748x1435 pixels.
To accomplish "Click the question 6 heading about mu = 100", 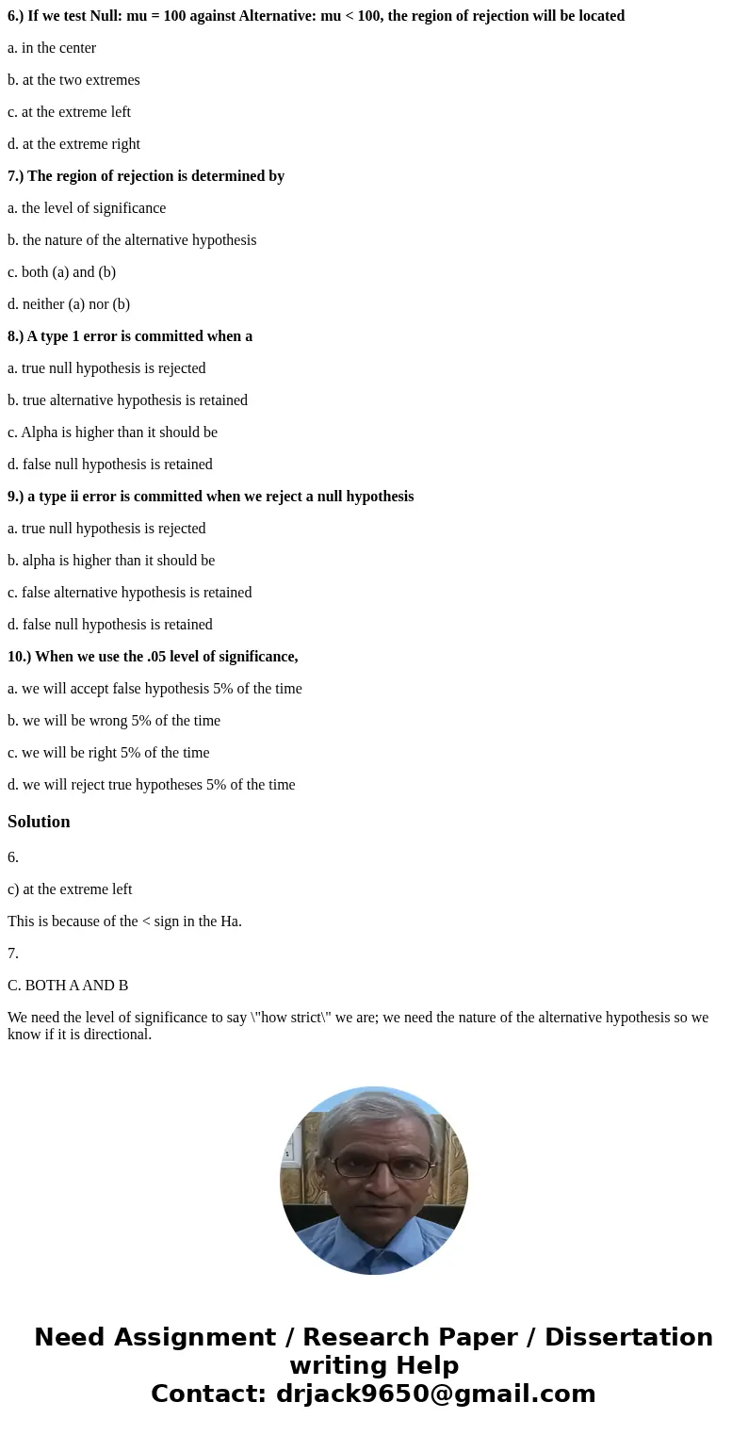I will click(x=316, y=16).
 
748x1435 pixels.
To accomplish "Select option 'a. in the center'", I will click(x=52, y=48).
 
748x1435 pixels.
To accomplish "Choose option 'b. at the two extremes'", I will click(x=73, y=80).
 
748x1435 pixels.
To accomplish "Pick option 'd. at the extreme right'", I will click(x=73, y=144).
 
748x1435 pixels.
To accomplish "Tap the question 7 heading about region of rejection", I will click(x=146, y=176).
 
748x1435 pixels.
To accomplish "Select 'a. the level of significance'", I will click(x=87, y=208).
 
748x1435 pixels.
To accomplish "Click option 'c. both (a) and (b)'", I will click(x=61, y=272).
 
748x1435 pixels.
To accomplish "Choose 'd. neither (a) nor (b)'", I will click(x=69, y=304).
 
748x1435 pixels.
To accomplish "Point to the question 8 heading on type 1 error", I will click(x=130, y=336).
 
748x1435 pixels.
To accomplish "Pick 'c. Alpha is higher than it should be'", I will click(x=112, y=432).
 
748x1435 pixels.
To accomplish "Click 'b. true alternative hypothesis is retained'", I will click(x=127, y=400).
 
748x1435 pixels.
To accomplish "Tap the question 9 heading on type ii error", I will click(x=210, y=497).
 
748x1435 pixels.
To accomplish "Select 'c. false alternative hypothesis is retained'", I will click(x=129, y=593).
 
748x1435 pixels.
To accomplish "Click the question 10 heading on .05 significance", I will click(x=153, y=657).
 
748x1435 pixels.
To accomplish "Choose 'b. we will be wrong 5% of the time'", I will click(x=114, y=721).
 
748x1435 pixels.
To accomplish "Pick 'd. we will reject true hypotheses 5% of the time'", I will click(x=151, y=785).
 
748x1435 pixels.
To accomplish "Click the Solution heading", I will click(x=39, y=822).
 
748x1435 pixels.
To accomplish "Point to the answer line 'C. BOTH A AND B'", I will click(x=68, y=986).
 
